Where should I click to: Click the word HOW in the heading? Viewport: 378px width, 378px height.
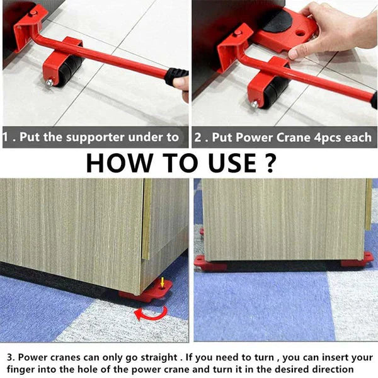tap(119, 162)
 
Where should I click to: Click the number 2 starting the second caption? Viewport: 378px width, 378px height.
tap(198, 137)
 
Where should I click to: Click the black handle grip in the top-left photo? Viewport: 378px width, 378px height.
tap(176, 77)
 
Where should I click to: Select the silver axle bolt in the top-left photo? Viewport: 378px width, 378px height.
tap(50, 83)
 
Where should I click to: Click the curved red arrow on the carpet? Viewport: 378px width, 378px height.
tap(151, 312)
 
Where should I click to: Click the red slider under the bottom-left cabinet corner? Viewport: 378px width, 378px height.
tap(147, 292)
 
